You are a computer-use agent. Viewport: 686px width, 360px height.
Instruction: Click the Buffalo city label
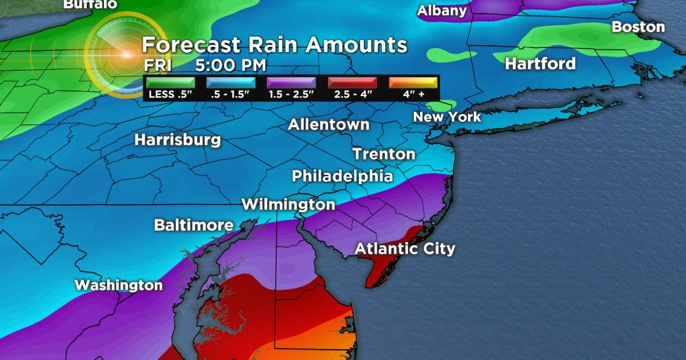pos(90,4)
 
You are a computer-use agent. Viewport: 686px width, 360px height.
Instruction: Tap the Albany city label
pos(442,10)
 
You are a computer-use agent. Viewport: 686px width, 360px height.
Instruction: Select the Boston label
pos(638,27)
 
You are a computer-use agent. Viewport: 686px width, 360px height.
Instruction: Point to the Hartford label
pos(540,63)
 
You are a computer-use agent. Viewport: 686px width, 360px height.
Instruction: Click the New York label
pos(447,117)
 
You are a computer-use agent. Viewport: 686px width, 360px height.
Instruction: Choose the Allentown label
pos(329,124)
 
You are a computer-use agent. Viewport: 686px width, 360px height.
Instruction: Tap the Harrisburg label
pos(177,139)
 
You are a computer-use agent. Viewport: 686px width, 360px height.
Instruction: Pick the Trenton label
pos(384,154)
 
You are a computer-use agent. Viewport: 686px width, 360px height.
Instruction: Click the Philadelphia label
pos(342,176)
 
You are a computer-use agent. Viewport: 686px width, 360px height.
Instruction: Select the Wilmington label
pos(288,204)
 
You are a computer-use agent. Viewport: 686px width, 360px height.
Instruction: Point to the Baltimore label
pos(194,225)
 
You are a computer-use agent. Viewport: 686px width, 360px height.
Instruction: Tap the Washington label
pos(119,285)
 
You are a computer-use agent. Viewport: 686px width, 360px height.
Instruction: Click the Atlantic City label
pos(405,249)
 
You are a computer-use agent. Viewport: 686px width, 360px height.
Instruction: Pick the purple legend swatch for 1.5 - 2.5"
pos(292,83)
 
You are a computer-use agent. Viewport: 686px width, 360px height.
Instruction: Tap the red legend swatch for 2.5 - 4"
pos(352,83)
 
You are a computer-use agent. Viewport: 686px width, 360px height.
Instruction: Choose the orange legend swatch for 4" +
pos(413,83)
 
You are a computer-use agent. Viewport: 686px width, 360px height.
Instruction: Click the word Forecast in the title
pos(193,45)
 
